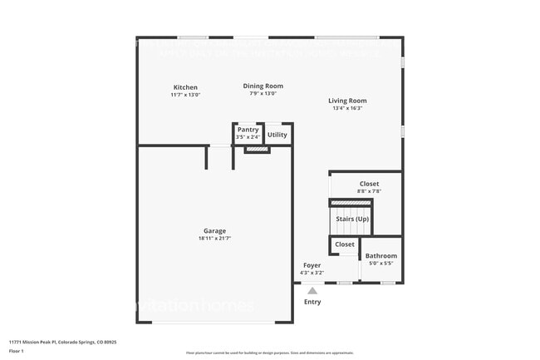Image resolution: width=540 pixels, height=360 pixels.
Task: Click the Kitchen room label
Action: [x=185, y=87]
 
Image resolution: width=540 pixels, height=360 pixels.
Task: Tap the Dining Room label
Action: [x=263, y=86]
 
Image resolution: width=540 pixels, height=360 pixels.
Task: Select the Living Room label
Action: [x=347, y=101]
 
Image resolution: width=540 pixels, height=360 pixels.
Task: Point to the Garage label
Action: [x=214, y=231]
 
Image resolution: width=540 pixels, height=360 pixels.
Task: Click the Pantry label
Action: [x=248, y=130]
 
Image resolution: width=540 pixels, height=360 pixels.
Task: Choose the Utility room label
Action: [x=277, y=135]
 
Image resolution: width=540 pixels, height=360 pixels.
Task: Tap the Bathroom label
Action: [x=381, y=256]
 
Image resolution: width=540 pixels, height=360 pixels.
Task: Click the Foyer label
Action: [x=312, y=265]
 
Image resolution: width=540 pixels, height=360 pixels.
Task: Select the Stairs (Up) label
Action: [x=351, y=219]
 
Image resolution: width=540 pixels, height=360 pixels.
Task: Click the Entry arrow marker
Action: [x=312, y=290]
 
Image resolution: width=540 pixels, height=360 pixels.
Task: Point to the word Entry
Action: [x=312, y=302]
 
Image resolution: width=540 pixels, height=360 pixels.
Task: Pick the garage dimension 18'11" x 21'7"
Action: [x=214, y=239]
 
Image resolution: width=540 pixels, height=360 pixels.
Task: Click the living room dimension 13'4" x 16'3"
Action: [x=347, y=108]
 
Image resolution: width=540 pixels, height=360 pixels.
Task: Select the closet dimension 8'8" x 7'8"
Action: [x=369, y=191]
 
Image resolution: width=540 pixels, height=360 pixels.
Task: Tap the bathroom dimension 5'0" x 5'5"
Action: [x=381, y=264]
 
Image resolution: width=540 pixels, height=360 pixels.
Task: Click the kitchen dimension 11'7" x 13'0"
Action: [x=185, y=95]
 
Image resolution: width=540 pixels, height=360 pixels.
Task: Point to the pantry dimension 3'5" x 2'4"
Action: [x=248, y=137]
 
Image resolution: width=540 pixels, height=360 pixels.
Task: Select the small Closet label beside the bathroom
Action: [x=345, y=244]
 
